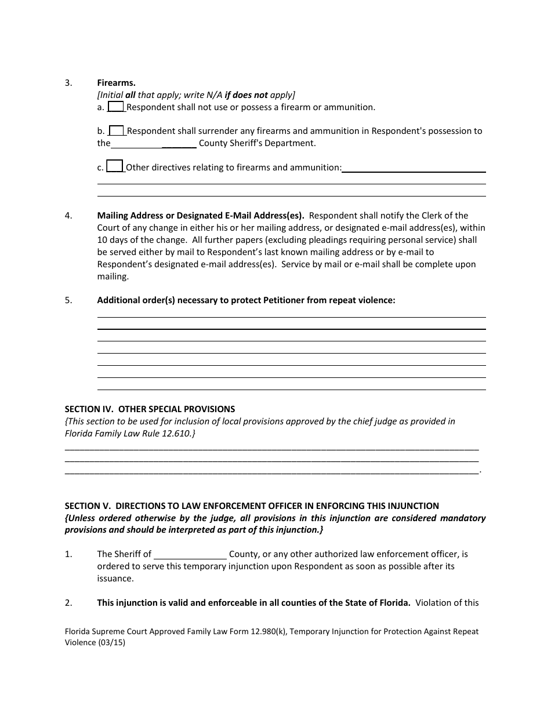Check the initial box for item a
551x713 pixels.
coord(116,107)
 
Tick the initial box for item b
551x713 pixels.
coord(117,130)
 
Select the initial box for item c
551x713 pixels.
coord(115,167)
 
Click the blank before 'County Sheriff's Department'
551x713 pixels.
coord(153,143)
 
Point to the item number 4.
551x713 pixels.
coord(68,216)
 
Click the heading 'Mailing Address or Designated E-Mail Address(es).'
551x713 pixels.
coord(201,216)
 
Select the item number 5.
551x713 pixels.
coord(68,300)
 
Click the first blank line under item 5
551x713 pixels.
coord(291,317)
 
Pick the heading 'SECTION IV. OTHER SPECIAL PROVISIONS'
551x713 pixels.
coord(150,409)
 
